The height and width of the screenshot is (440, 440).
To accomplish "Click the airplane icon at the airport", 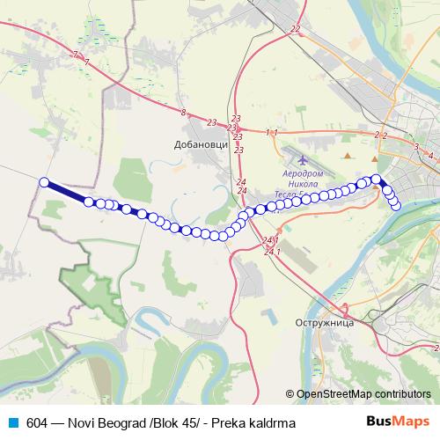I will click(x=304, y=161).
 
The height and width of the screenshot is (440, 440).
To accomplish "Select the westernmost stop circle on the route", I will click(x=43, y=182).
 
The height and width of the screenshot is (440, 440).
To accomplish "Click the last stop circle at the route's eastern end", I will click(x=396, y=206).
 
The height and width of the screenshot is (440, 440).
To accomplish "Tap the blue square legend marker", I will click(x=12, y=422).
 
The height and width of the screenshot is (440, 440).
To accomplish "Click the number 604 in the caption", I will click(x=38, y=423).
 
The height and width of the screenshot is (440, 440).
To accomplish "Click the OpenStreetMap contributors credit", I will click(x=363, y=394).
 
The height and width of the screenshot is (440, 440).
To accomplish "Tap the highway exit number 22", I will click(x=294, y=29).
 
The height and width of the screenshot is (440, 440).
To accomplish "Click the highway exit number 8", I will click(x=183, y=112).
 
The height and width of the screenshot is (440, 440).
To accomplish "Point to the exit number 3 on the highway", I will click(x=415, y=146).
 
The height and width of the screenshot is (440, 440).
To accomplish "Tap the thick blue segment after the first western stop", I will click(x=67, y=192).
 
